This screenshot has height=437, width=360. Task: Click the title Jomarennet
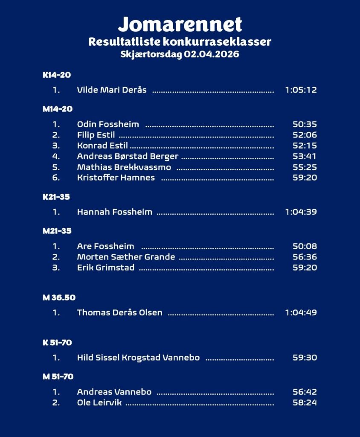click(180, 24)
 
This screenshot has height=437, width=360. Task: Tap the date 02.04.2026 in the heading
click(212, 54)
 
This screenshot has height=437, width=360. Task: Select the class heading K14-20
click(57, 75)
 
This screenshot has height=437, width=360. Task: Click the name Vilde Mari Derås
click(112, 90)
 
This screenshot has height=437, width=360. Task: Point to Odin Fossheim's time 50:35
click(305, 125)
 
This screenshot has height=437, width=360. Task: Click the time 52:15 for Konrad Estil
click(305, 146)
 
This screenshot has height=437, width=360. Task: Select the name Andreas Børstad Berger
click(128, 156)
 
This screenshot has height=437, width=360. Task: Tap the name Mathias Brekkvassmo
click(124, 167)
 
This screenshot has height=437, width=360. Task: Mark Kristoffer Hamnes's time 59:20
click(305, 178)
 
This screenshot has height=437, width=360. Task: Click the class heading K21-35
click(56, 197)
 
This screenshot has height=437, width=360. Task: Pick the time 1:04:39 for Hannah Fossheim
click(301, 212)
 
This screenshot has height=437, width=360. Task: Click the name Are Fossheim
click(105, 246)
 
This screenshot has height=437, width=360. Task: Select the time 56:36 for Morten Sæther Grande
click(305, 257)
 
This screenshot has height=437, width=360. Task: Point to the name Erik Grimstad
click(106, 268)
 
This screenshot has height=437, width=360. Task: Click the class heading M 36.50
click(59, 297)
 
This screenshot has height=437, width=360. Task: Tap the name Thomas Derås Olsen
click(119, 312)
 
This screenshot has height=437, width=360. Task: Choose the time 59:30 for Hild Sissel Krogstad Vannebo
click(305, 358)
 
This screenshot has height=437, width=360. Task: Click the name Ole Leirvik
click(99, 402)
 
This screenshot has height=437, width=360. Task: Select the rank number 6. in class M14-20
click(56, 178)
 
